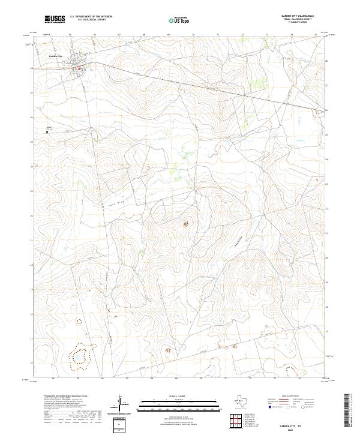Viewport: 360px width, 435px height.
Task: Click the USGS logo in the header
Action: (x=55, y=20)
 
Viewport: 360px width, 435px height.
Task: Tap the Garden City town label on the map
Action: (x=56, y=56)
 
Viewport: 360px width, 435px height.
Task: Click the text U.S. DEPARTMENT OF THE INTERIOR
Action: (x=91, y=17)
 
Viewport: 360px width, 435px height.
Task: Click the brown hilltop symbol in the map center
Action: (x=185, y=224)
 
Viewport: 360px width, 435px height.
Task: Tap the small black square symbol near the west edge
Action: (x=47, y=132)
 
